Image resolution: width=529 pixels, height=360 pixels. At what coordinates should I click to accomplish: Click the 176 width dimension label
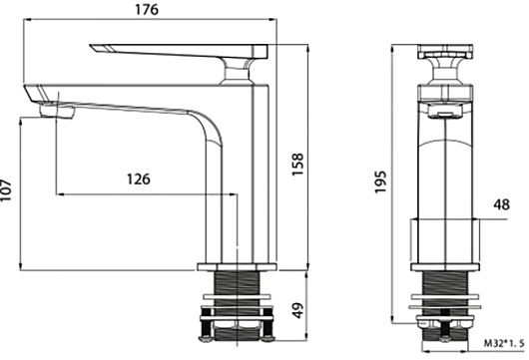[147, 9]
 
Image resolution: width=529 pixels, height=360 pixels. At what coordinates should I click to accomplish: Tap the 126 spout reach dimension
[139, 179]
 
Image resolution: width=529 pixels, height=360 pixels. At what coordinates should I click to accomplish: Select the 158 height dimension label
[297, 165]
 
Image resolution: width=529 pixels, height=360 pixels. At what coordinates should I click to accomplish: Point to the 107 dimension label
[5, 190]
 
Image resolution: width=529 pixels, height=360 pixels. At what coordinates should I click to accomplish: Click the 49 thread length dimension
[297, 310]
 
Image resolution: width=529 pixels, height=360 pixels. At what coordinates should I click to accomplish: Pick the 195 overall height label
[380, 182]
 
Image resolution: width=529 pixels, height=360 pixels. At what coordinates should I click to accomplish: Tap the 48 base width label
[501, 204]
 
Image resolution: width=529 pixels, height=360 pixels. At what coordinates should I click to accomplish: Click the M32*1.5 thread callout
[504, 343]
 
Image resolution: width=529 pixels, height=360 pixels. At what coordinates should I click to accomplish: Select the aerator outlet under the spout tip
[57, 112]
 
